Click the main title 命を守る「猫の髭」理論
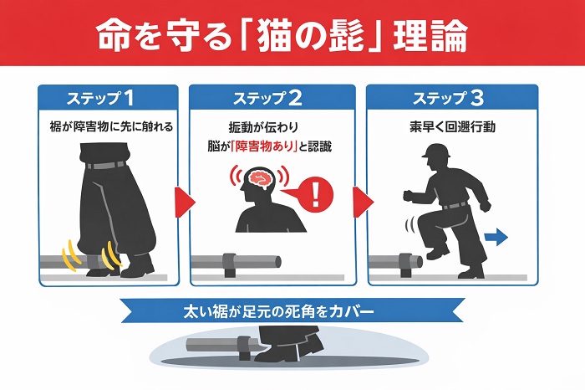point(282,36)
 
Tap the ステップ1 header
point(101,98)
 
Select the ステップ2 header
point(267,98)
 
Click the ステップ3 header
point(448,98)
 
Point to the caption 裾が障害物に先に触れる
point(111,126)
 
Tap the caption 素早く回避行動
point(452,127)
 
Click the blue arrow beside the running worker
point(496,238)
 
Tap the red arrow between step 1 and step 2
point(185,202)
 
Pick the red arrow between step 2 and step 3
point(363,202)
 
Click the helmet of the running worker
point(436,150)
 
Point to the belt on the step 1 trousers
point(105,165)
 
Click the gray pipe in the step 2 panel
point(236,261)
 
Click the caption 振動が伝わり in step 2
point(263,127)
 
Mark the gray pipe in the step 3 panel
point(395,261)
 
